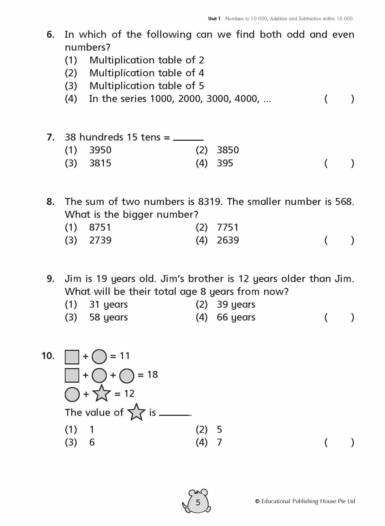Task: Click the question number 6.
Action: pyautogui.click(x=50, y=34)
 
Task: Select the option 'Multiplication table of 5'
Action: pyautogui.click(x=147, y=86)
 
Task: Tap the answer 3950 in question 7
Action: pyautogui.click(x=100, y=150)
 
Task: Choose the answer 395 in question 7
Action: pyautogui.click(x=225, y=163)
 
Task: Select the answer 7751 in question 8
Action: pyautogui.click(x=228, y=227)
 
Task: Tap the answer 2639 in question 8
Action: pyautogui.click(x=228, y=240)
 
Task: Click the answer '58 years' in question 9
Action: pyautogui.click(x=108, y=317)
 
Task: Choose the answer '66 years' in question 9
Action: pyautogui.click(x=236, y=317)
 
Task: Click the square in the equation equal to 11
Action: pyautogui.click(x=72, y=357)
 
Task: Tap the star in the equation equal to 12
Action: pyautogui.click(x=101, y=393)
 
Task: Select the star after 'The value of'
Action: pyautogui.click(x=136, y=412)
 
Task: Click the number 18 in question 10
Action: pyautogui.click(x=152, y=374)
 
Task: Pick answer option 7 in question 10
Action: pyautogui.click(x=219, y=442)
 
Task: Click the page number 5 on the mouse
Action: pyautogui.click(x=198, y=502)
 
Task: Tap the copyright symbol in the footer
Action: pyautogui.click(x=257, y=501)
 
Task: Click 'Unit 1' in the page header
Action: pyautogui.click(x=214, y=18)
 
